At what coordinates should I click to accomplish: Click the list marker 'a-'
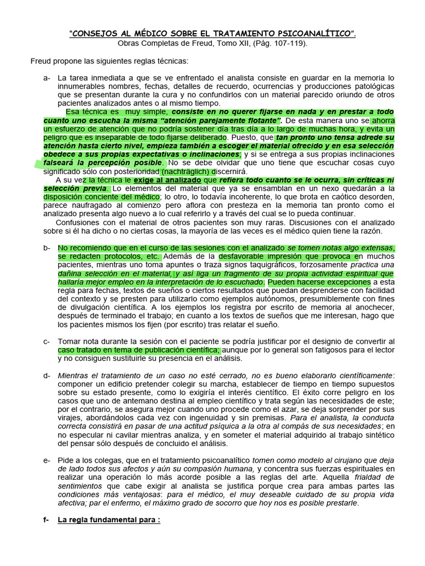point(46,78)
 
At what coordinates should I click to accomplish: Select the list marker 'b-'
point(46,248)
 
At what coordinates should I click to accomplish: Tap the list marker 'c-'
point(46,342)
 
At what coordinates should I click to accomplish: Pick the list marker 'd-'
point(46,375)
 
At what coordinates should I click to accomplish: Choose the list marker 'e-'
point(46,460)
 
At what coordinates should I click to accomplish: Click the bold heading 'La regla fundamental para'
point(108,520)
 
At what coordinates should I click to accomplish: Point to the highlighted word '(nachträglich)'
point(178,171)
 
